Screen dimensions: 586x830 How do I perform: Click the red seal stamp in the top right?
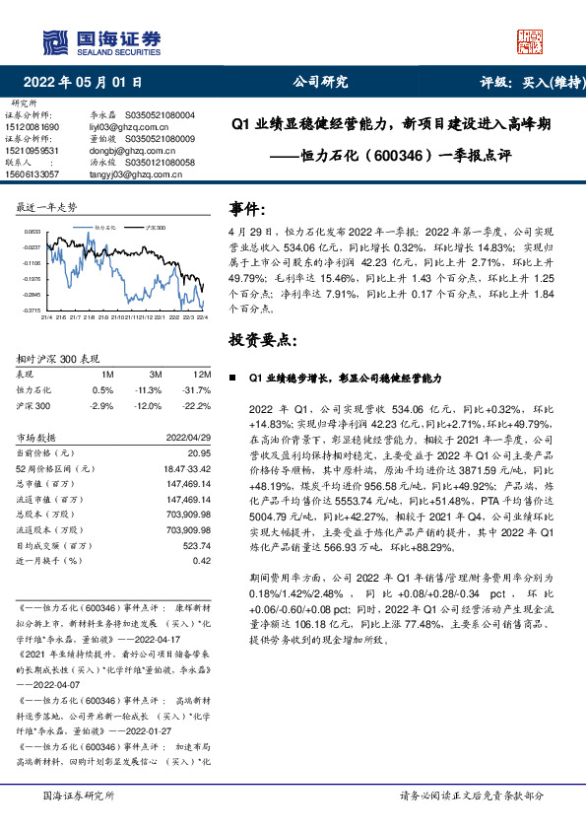point(531,40)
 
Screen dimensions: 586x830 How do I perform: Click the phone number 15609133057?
point(32,173)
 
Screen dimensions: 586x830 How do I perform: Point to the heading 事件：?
point(247,209)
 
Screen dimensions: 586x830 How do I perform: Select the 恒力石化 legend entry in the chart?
point(105,227)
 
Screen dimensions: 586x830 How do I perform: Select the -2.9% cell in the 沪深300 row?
point(101,405)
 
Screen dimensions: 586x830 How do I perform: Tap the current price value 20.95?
point(200,451)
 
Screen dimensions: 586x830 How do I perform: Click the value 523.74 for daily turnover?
point(199,544)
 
